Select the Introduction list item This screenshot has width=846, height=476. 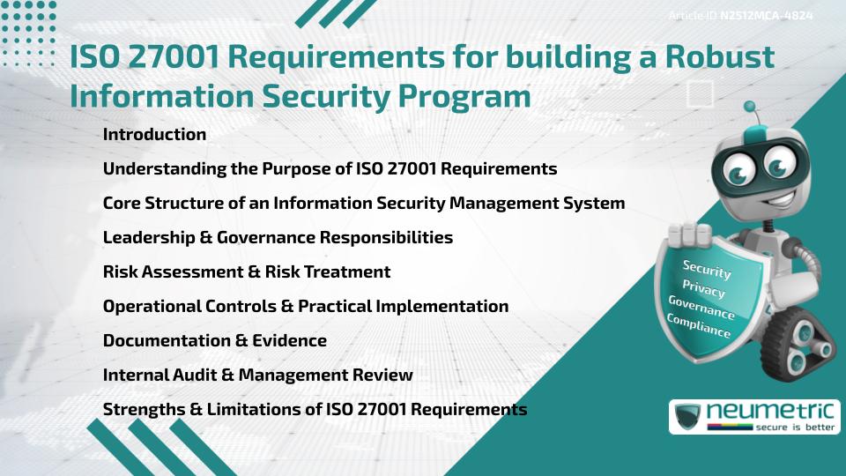point(154,135)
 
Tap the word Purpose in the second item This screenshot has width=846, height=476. point(298,168)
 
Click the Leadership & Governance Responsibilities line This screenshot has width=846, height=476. point(278,237)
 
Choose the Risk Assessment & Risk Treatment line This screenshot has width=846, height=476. point(247,271)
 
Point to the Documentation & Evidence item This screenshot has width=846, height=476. point(214,340)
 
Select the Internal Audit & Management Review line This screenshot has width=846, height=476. point(257,375)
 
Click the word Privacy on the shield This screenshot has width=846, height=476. point(703,290)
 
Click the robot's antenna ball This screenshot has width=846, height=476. point(751,108)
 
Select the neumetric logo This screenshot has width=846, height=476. point(754,417)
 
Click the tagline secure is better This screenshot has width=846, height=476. point(793,427)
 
